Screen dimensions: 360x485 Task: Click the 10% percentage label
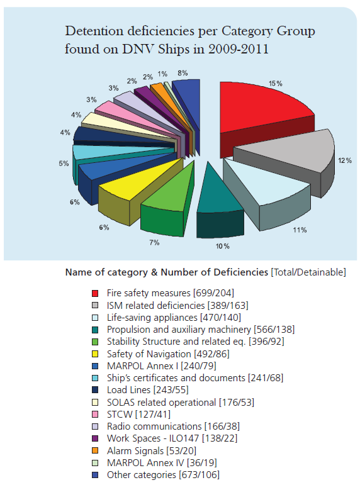click(223, 246)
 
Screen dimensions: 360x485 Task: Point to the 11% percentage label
click(300, 230)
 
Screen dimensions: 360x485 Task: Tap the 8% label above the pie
click(183, 73)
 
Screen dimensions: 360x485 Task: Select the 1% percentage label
click(162, 74)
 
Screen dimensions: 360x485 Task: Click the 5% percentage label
click(64, 164)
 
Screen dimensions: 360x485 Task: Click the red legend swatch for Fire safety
click(95, 293)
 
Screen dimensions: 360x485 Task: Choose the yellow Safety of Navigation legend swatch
click(95, 354)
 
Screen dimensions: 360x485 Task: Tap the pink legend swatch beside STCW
click(95, 414)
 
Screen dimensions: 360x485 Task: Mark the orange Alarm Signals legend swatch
click(95, 450)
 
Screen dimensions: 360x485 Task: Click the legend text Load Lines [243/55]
click(148, 390)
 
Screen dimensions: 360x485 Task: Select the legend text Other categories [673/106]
click(163, 475)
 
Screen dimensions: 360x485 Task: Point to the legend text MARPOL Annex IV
click(145, 463)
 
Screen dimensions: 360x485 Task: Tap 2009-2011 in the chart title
click(239, 49)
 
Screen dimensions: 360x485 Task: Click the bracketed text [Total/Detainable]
click(308, 272)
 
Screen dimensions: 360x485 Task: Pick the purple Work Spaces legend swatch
click(95, 438)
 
